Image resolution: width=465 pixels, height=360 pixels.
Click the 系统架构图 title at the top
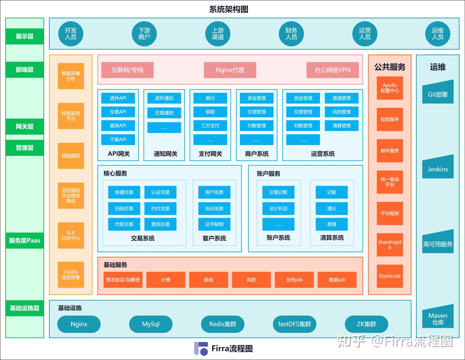coord(229,9)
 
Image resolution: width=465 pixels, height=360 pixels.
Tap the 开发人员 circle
coord(71,34)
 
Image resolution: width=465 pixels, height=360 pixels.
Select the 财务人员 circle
coord(291,34)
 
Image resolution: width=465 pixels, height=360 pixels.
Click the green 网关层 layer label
coord(25,127)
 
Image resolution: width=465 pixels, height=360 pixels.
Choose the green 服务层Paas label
coord(25,241)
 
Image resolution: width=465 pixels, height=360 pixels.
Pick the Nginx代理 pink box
coord(230,70)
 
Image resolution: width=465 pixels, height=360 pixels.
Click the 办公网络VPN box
coord(332,70)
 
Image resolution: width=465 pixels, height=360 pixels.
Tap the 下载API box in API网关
coord(118,139)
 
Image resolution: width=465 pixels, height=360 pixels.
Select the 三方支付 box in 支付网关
coord(210,126)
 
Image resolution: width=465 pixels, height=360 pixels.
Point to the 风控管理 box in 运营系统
coord(341,112)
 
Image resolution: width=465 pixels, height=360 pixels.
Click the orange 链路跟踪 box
coord(71,156)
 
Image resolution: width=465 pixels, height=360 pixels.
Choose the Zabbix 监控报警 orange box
coord(71,274)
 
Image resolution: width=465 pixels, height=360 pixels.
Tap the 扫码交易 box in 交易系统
coord(124,209)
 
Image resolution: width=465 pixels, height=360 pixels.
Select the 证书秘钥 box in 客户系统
coord(214,224)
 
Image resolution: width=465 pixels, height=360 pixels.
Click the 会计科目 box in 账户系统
coord(278,209)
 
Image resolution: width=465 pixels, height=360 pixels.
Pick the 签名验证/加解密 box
coord(123,280)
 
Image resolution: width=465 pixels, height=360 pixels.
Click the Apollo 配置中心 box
coord(390,88)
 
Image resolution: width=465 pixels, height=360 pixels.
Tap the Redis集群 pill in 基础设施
coord(222,324)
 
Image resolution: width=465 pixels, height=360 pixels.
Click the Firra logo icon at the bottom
coord(201,349)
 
